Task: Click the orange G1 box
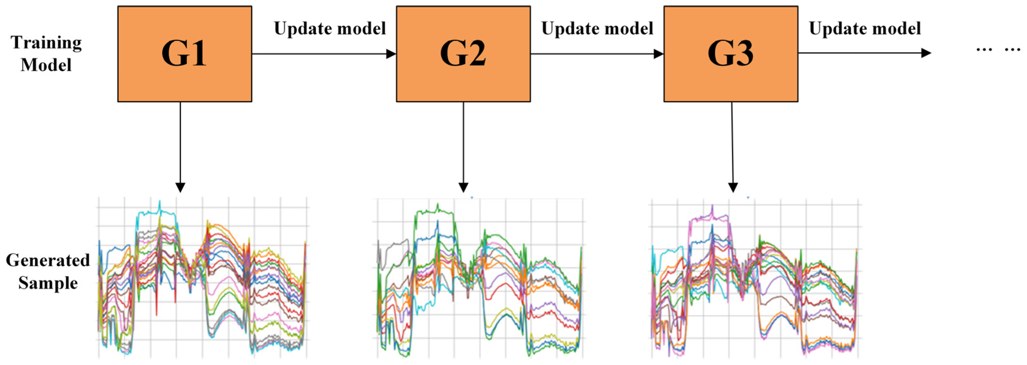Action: click(185, 54)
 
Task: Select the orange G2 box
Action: click(463, 54)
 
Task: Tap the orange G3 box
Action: click(730, 54)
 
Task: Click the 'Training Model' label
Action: click(46, 54)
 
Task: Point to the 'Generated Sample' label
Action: click(48, 271)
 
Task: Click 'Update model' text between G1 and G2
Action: click(330, 29)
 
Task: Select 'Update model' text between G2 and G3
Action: click(597, 29)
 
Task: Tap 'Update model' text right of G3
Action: click(865, 29)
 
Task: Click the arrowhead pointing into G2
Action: click(391, 54)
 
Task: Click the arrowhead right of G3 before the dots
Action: click(926, 53)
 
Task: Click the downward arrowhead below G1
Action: click(180, 187)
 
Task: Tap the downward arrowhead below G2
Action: click(463, 187)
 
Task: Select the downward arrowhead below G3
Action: click(733, 187)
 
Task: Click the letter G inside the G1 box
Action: click(174, 54)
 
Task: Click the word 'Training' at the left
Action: click(46, 42)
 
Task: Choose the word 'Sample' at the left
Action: click(48, 283)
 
